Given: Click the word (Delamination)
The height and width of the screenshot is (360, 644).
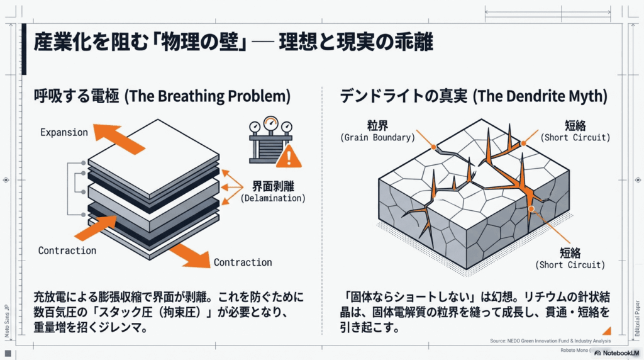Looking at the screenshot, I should (x=273, y=198).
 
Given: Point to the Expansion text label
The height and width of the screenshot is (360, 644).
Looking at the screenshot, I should (x=64, y=132).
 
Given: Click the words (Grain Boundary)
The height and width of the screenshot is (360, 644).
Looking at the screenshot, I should (x=377, y=137).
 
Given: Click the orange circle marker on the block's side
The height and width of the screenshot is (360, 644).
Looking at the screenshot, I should (x=531, y=208).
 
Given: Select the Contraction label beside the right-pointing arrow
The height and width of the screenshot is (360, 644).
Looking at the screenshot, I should (x=243, y=262).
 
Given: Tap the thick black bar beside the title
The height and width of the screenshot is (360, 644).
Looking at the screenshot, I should (x=24, y=50).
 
